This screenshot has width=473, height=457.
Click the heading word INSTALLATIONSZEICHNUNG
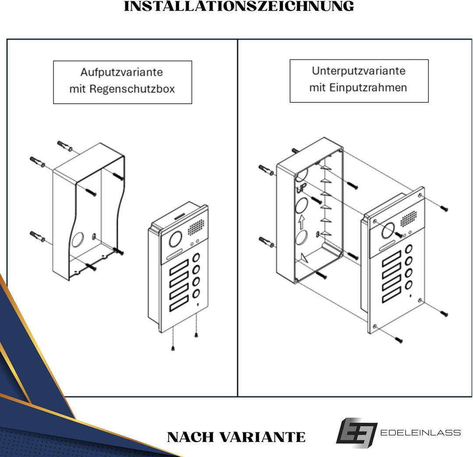pos(239,6)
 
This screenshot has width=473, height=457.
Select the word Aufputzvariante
pos(121,72)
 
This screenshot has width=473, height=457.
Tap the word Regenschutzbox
pos(132,89)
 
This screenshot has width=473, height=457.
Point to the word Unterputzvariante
pos(359,71)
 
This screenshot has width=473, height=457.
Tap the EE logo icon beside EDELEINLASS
pos(356,433)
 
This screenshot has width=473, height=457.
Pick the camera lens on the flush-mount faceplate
pos(388,230)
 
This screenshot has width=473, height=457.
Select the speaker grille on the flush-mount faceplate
pos(408,218)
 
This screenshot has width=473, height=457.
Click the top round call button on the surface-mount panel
pos(197,257)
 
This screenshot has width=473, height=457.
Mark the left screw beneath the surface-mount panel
pos(173,349)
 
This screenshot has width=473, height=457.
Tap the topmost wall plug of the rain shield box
pos(65,146)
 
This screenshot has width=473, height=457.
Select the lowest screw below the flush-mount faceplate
pos(399,340)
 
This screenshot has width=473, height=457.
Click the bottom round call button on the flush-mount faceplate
pos(409,285)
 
